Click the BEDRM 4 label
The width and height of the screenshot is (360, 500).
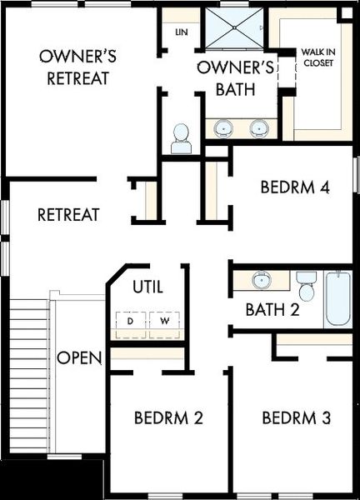(295, 187)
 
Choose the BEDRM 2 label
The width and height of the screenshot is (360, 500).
(168, 417)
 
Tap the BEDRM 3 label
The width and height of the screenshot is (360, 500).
(296, 417)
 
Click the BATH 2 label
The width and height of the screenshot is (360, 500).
(272, 311)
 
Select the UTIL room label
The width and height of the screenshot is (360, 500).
(147, 287)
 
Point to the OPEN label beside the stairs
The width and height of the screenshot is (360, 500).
(79, 357)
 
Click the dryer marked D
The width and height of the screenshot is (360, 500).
(130, 321)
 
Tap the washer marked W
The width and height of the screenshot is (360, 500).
(163, 321)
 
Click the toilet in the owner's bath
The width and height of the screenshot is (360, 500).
(181, 139)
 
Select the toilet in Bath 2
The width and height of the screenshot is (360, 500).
(306, 286)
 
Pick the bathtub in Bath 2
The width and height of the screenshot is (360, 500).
(338, 297)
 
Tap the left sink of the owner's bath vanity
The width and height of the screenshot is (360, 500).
(223, 128)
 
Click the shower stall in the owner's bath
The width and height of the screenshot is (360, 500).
(234, 27)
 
